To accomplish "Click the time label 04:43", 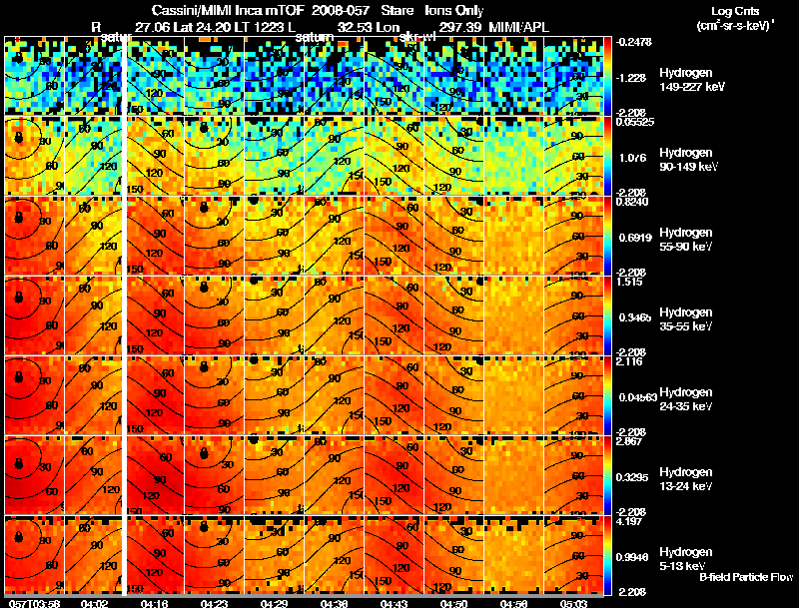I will [x=394, y=602].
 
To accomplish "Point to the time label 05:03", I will [x=573, y=602].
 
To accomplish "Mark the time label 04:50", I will [x=453, y=602].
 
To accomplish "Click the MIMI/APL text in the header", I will [x=521, y=26].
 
